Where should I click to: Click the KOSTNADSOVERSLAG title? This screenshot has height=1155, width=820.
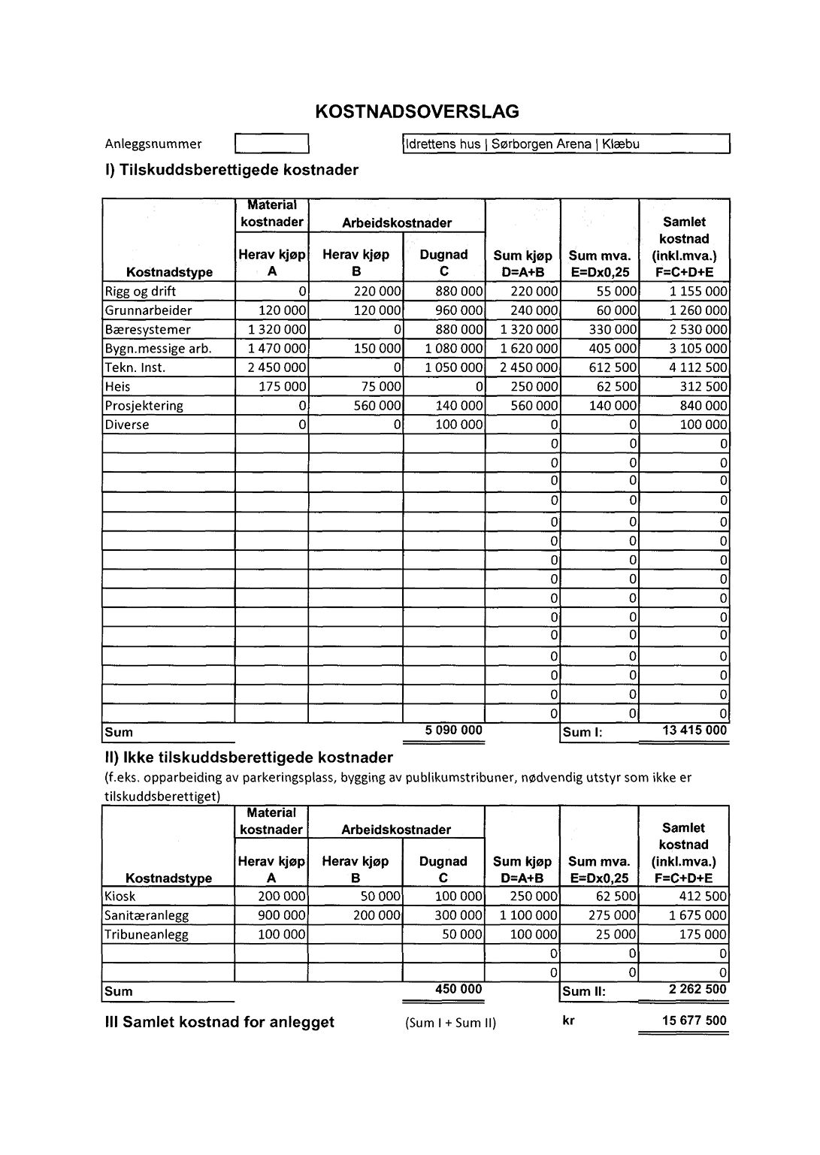click(417, 112)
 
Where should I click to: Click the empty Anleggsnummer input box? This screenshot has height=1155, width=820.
click(272, 144)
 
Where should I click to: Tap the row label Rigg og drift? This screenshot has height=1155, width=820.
click(141, 292)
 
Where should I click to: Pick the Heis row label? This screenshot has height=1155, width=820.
click(118, 387)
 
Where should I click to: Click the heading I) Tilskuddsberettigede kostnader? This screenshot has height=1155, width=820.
click(231, 170)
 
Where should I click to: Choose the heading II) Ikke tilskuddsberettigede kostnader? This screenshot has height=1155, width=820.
click(249, 757)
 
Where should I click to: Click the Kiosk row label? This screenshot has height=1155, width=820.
click(120, 896)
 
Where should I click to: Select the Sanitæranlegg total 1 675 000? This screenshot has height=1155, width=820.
click(697, 915)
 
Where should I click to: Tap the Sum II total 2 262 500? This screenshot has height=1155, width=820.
click(697, 990)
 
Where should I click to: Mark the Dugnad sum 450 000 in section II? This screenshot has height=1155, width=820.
click(458, 990)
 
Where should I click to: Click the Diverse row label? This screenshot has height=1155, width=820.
click(127, 425)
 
